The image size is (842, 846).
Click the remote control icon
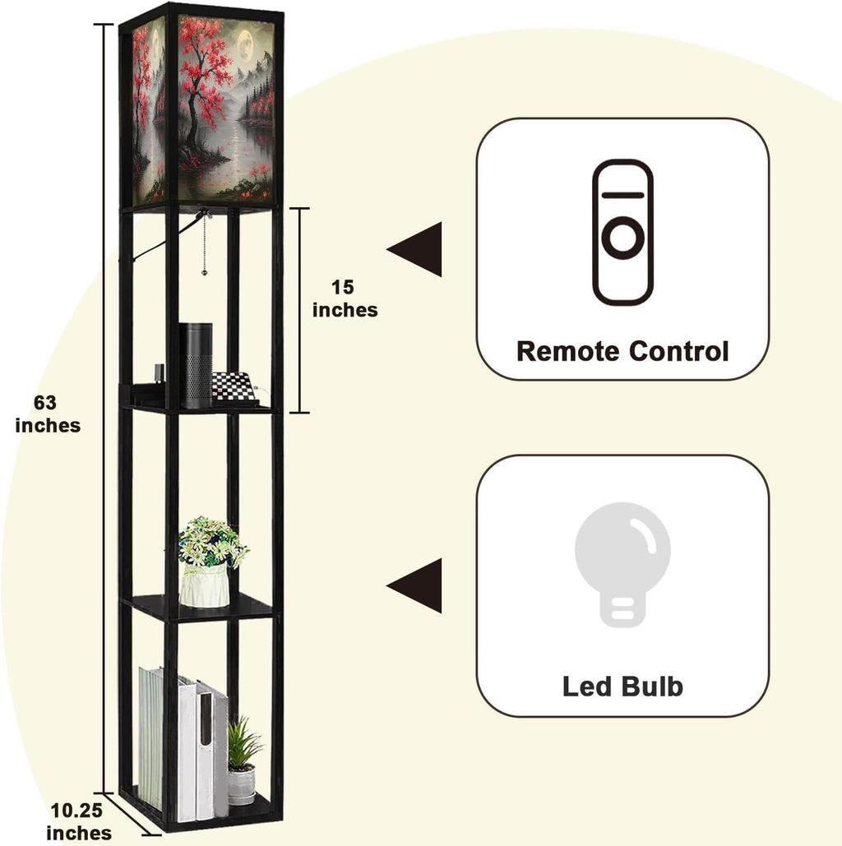pyautogui.click(x=622, y=232)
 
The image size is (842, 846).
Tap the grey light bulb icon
pyautogui.click(x=622, y=564)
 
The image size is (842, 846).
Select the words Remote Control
pyautogui.click(x=622, y=351)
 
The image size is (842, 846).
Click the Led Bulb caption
pyautogui.click(x=622, y=687)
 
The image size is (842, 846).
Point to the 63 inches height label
pyautogui.click(x=48, y=414)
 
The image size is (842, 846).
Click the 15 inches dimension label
pyautogui.click(x=345, y=298)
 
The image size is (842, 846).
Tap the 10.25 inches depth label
pyautogui.click(x=79, y=821)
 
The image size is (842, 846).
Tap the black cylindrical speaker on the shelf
pyautogui.click(x=196, y=365)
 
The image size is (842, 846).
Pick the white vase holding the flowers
pyautogui.click(x=205, y=586)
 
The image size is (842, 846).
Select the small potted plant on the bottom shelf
pyautogui.click(x=243, y=760)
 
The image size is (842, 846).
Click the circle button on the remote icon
pyautogui.click(x=622, y=238)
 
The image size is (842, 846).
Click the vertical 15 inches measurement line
pyautogui.click(x=300, y=310)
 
